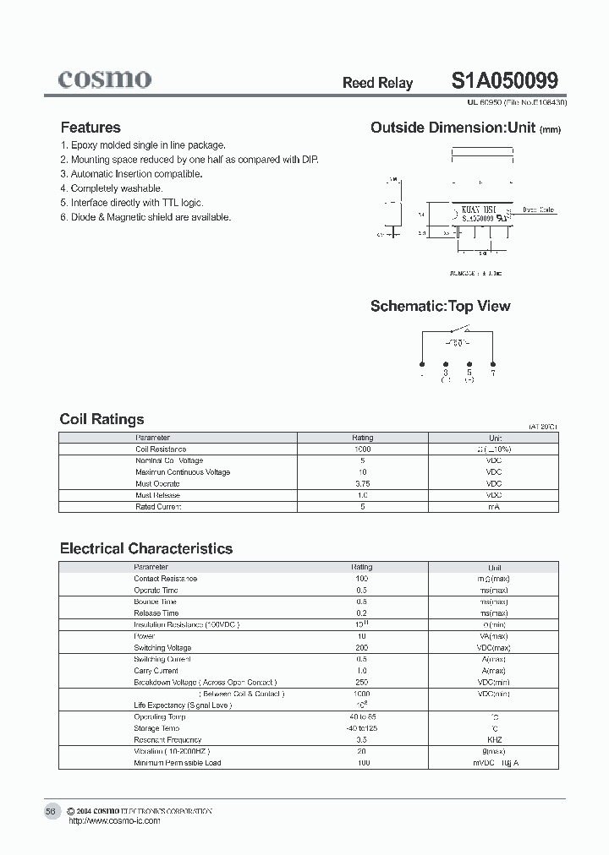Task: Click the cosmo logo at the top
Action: pyautogui.click(x=105, y=79)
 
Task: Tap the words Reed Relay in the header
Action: pyautogui.click(x=377, y=83)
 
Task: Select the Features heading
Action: pyautogui.click(x=91, y=128)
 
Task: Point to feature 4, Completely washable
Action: pyautogui.click(x=112, y=188)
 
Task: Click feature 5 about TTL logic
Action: pyautogui.click(x=132, y=203)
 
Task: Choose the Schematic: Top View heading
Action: pyautogui.click(x=440, y=306)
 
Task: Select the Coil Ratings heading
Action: pyautogui.click(x=101, y=419)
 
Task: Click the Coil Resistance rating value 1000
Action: pyautogui.click(x=362, y=449)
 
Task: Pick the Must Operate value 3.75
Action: pyautogui.click(x=362, y=483)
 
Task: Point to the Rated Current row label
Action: pyautogui.click(x=158, y=507)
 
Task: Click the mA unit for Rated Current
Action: pyautogui.click(x=495, y=507)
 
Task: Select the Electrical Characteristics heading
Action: pyautogui.click(x=145, y=548)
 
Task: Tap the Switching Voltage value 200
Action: pyautogui.click(x=362, y=648)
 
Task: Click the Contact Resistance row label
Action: pyautogui.click(x=165, y=579)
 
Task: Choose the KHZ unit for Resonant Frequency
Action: pyautogui.click(x=495, y=739)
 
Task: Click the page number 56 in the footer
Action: pyautogui.click(x=50, y=811)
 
